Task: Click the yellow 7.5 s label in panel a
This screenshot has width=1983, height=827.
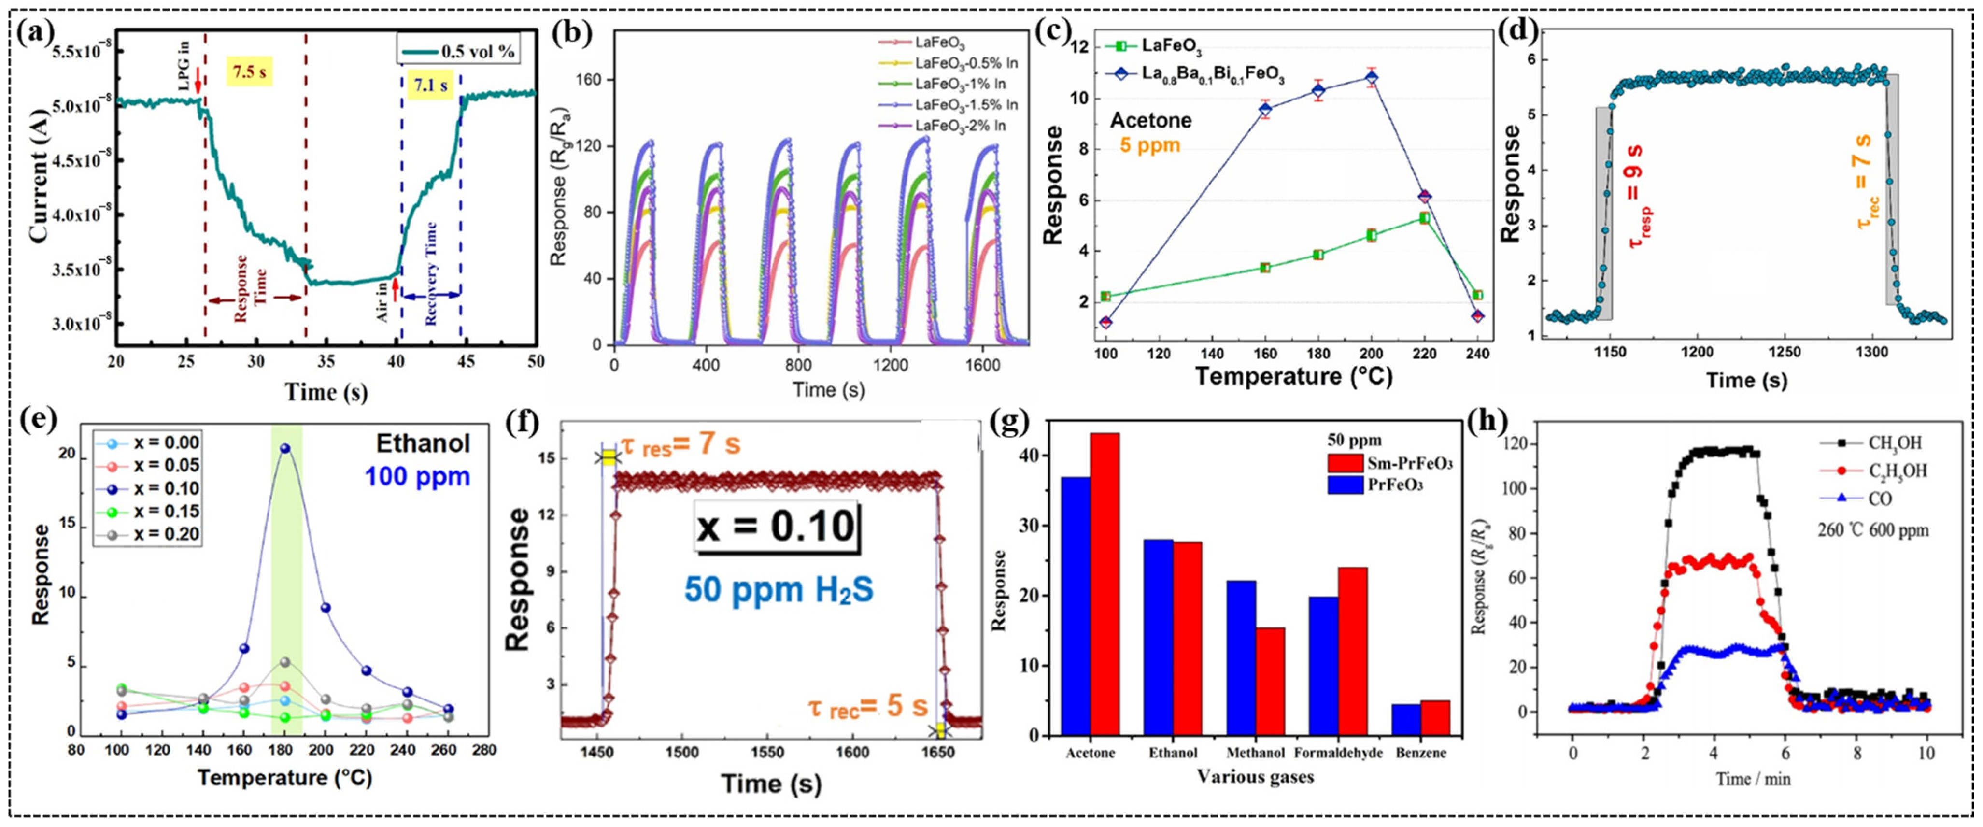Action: [x=249, y=73]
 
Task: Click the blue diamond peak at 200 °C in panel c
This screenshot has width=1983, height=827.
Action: [x=1371, y=78]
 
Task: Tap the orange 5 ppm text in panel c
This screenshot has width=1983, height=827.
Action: [x=1149, y=145]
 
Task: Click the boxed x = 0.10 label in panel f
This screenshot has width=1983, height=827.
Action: [x=777, y=527]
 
